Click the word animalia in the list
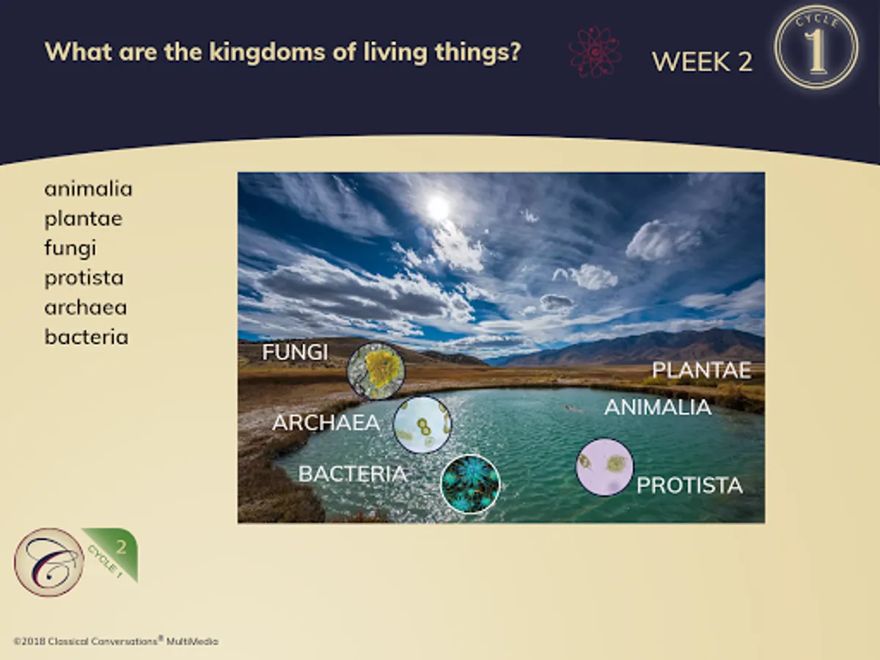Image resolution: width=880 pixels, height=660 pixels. click(x=88, y=188)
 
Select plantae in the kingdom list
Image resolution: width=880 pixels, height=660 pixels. click(x=84, y=219)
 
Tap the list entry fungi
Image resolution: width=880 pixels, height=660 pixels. click(x=70, y=249)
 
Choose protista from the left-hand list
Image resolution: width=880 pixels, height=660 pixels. click(x=84, y=278)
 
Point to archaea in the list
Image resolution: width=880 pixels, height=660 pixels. click(x=85, y=307)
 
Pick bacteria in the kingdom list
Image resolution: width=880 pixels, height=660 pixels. click(x=87, y=337)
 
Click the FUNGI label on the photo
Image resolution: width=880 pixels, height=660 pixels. click(x=295, y=352)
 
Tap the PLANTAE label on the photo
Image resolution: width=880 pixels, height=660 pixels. click(x=702, y=370)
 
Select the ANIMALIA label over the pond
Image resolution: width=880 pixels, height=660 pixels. click(x=658, y=408)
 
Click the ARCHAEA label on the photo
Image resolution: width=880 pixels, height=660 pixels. click(x=326, y=423)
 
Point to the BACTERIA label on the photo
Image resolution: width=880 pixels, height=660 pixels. click(x=353, y=474)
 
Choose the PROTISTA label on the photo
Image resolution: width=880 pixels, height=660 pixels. click(x=689, y=485)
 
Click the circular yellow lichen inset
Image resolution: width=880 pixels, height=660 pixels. click(x=375, y=371)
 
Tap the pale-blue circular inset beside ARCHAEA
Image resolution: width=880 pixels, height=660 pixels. click(x=422, y=425)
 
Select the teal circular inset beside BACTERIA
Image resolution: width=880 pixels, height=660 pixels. click(x=470, y=484)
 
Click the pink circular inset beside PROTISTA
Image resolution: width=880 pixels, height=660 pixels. click(x=604, y=467)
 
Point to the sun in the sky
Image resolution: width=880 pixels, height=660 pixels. click(x=438, y=208)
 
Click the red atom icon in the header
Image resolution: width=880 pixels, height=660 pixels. click(x=595, y=52)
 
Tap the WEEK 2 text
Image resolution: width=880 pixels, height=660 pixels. click(x=703, y=62)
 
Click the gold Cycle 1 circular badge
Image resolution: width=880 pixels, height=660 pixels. click(x=816, y=47)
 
